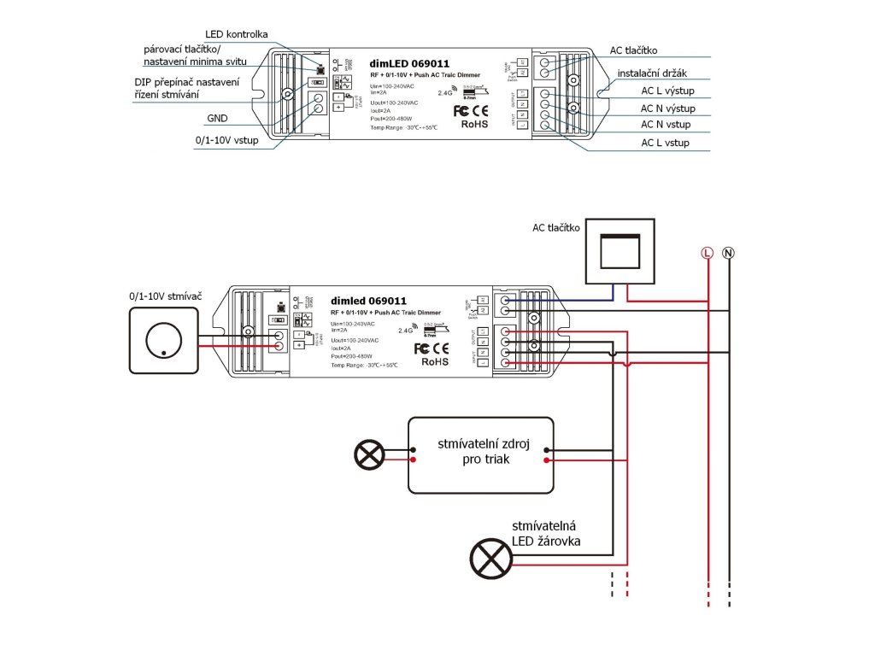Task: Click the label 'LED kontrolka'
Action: pyautogui.click(x=237, y=34)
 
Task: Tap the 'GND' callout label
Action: pyautogui.click(x=216, y=119)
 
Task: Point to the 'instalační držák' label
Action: pyautogui.click(x=655, y=74)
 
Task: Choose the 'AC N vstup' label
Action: pyautogui.click(x=666, y=125)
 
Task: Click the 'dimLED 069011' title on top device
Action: pyautogui.click(x=409, y=63)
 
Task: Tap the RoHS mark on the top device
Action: pyautogui.click(x=474, y=124)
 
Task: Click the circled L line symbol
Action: pyautogui.click(x=707, y=252)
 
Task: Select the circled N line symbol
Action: pyautogui.click(x=728, y=252)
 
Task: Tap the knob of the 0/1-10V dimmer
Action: pyautogui.click(x=163, y=342)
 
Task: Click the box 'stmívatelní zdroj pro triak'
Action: pyautogui.click(x=480, y=455)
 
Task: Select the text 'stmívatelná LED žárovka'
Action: pyautogui.click(x=548, y=535)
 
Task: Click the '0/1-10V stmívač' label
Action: pyautogui.click(x=165, y=296)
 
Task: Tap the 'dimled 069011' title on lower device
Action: pyautogui.click(x=368, y=301)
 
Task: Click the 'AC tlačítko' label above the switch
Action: pyautogui.click(x=556, y=227)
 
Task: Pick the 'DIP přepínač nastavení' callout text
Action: pyautogui.click(x=186, y=81)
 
